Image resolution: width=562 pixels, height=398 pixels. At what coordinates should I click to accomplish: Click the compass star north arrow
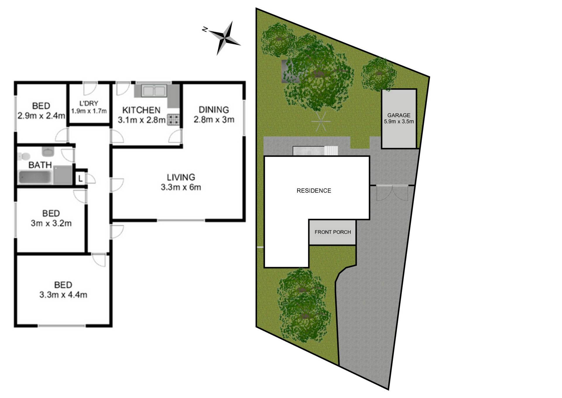[x=225, y=38]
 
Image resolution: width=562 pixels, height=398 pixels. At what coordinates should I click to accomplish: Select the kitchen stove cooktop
[x=173, y=120]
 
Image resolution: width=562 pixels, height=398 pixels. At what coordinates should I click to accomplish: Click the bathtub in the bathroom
[x=35, y=177]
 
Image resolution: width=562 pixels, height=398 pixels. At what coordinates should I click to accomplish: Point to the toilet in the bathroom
[x=23, y=156]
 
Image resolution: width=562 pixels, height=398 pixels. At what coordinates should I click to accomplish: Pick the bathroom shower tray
[x=63, y=175]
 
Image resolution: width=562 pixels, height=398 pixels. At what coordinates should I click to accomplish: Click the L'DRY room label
[x=89, y=103]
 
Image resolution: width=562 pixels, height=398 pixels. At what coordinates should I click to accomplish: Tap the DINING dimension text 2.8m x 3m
[x=214, y=120]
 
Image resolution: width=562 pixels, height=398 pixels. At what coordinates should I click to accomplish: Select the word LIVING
[x=181, y=177]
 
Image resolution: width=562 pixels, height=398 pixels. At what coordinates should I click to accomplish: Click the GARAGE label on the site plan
[x=399, y=115]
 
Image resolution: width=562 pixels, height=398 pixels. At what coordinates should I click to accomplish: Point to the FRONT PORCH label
[x=333, y=232]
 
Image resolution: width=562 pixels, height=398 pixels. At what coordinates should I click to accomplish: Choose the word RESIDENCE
[x=314, y=191]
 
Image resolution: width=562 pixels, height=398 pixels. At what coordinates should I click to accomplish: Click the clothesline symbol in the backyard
[x=321, y=121]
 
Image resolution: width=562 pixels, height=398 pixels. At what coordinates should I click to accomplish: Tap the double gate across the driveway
[x=392, y=193]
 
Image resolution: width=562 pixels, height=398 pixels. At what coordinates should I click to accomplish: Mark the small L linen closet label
[x=80, y=178]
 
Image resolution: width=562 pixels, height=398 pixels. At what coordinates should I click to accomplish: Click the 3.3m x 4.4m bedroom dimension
[x=63, y=295]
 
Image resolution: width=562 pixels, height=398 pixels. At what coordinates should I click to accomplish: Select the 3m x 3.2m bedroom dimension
[x=51, y=223]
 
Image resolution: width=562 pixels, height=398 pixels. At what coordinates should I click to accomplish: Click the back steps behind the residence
[x=331, y=151]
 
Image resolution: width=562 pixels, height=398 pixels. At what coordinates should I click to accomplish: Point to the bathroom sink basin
[x=47, y=152]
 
